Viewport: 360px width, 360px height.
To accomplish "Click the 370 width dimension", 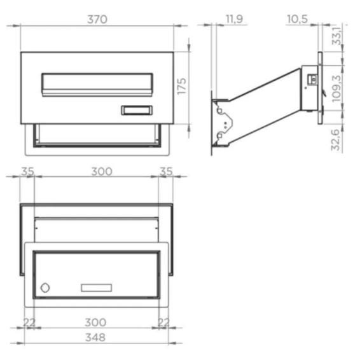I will [97, 19].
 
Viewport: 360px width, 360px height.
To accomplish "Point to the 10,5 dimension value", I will [297, 19].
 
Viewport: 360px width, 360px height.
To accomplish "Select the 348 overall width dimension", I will [97, 337].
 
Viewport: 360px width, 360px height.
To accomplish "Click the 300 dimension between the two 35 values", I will [101, 171].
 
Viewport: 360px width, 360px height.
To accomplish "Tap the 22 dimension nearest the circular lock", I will [29, 322].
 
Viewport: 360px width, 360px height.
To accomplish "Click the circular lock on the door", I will [45, 288].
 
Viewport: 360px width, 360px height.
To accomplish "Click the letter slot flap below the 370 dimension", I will [97, 83].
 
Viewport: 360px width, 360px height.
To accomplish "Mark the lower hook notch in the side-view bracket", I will [221, 134].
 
